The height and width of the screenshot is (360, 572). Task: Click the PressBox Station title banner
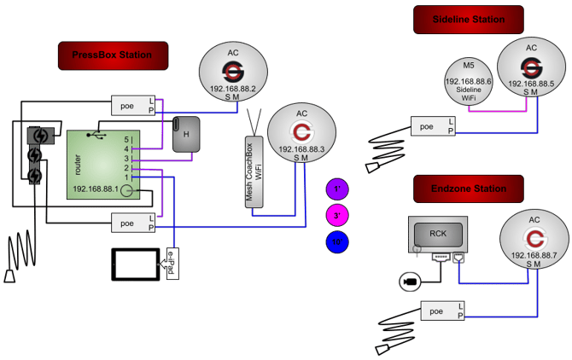coord(112,55)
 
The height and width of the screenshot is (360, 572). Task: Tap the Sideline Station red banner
coord(467,20)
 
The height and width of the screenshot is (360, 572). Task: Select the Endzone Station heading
coord(467,189)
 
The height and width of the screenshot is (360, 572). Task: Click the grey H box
coord(186,134)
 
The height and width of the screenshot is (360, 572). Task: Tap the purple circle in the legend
coord(337,189)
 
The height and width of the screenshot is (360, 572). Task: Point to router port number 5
coord(127,138)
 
